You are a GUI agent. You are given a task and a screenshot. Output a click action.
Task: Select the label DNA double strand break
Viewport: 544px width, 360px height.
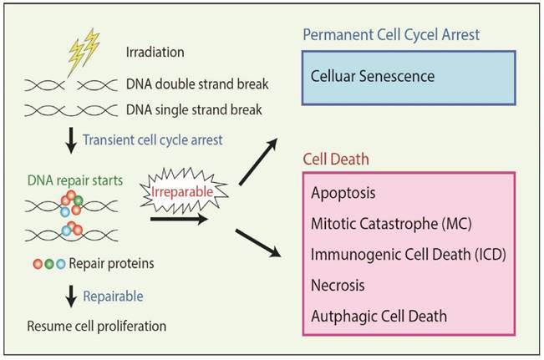pyautogui.click(x=197, y=84)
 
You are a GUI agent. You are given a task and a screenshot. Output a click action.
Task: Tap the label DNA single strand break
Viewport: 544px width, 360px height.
pyautogui.click(x=195, y=109)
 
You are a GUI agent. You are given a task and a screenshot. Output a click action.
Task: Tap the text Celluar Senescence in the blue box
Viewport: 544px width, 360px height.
pyautogui.click(x=373, y=76)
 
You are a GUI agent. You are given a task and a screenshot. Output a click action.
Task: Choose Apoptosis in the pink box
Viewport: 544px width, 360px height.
pyautogui.click(x=343, y=192)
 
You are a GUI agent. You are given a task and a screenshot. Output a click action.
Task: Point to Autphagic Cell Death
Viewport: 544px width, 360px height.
pyautogui.click(x=379, y=316)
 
